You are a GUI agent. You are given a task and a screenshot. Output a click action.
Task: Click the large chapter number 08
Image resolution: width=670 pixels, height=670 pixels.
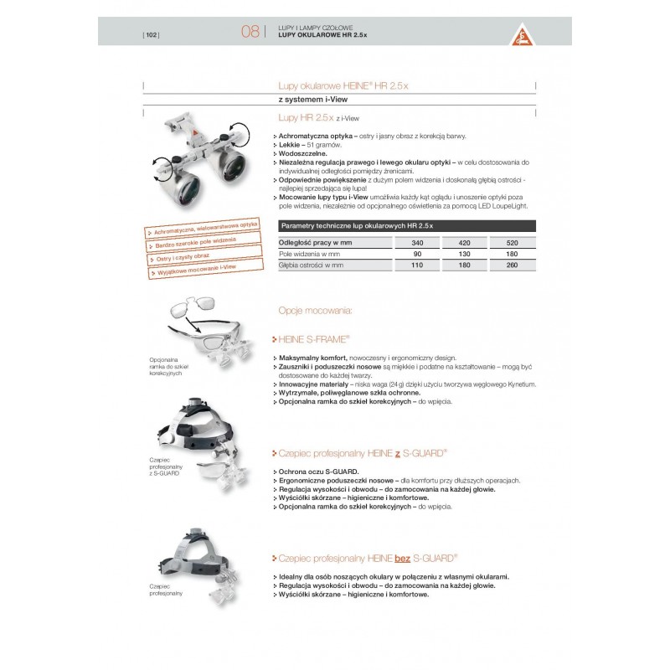(250, 33)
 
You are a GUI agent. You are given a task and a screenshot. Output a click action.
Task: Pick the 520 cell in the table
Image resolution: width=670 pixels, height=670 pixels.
(513, 241)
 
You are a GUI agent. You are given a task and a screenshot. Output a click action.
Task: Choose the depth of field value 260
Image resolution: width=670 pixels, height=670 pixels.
(513, 265)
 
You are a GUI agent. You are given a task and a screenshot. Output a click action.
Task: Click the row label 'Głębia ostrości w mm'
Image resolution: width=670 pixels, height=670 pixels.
(312, 265)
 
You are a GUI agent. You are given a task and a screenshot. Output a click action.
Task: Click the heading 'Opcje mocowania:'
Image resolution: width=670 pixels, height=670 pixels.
(316, 311)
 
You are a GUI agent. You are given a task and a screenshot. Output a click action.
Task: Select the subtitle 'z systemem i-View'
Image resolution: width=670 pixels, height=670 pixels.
(308, 100)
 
